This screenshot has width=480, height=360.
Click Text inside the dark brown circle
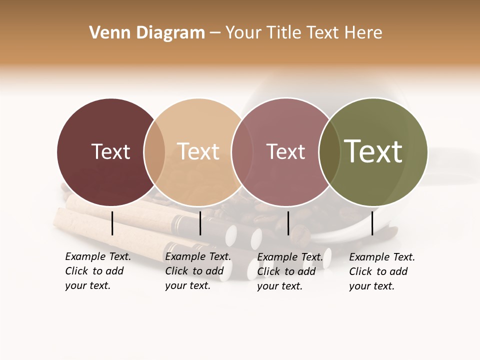click(x=110, y=151)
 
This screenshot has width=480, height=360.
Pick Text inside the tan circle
click(x=198, y=151)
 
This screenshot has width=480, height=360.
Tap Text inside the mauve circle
click(x=285, y=151)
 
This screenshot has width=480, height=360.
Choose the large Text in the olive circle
click(x=373, y=151)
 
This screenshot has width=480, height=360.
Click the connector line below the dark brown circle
click(x=112, y=223)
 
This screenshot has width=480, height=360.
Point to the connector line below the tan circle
click(x=200, y=223)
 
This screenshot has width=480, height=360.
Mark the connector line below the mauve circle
click(x=288, y=223)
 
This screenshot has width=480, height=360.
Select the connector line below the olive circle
click(x=372, y=223)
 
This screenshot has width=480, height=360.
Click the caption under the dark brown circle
click(x=97, y=271)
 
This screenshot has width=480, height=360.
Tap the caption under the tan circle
click(x=197, y=271)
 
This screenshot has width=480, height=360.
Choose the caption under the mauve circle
click(x=289, y=271)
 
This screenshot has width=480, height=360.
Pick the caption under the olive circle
click(x=381, y=271)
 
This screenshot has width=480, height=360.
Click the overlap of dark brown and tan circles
click(x=154, y=151)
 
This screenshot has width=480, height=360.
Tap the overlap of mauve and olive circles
click(x=327, y=151)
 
